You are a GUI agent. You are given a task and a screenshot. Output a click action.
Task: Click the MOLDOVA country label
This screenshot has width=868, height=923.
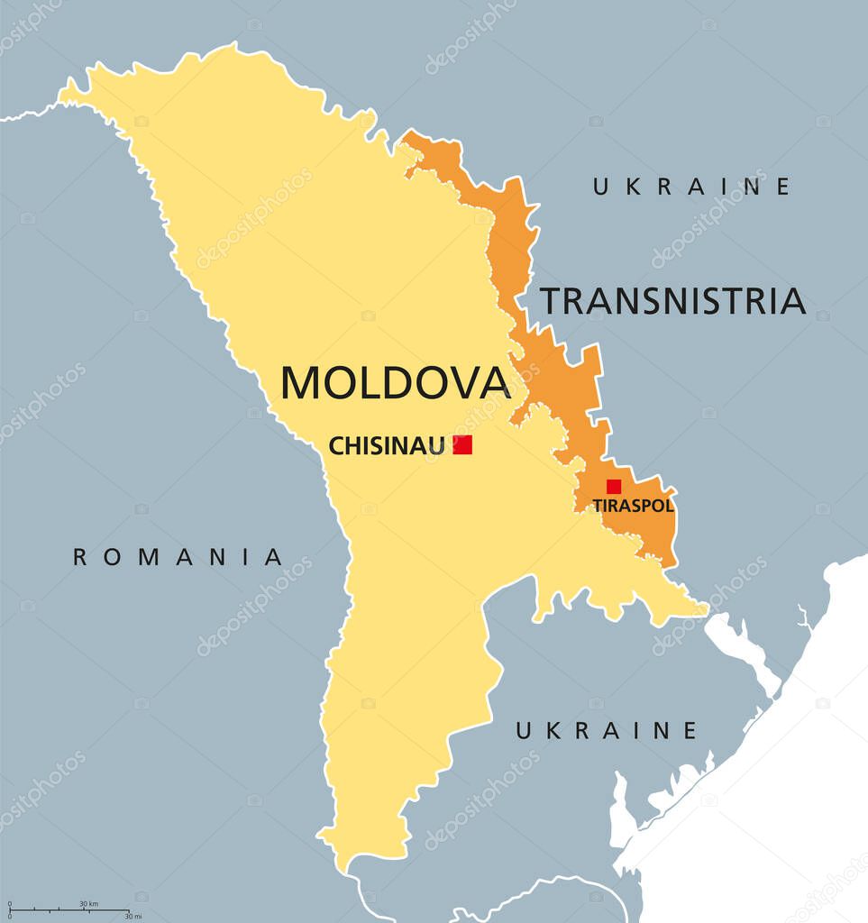(x=396, y=382)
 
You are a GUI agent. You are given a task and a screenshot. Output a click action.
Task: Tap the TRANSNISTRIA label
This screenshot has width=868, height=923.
(x=672, y=301)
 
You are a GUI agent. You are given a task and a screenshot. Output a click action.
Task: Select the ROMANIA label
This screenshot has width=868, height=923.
(x=178, y=557)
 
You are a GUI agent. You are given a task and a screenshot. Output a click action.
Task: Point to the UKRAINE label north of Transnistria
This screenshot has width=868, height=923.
(x=691, y=187)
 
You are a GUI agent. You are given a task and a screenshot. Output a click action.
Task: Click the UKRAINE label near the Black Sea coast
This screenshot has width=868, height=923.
(x=606, y=730)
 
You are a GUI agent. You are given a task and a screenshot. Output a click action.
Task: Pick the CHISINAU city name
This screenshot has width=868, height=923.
(x=386, y=445)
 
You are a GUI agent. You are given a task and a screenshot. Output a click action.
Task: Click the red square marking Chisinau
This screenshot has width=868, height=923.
(x=462, y=444)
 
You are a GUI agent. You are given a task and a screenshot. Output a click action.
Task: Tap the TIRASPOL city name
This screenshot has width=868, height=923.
(x=633, y=506)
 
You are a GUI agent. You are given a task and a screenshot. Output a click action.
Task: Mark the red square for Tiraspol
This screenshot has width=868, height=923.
(x=614, y=487)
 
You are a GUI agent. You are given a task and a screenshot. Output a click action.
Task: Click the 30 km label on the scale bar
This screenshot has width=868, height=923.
(x=88, y=903)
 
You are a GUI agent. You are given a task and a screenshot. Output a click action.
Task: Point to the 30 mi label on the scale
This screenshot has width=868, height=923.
(x=132, y=917)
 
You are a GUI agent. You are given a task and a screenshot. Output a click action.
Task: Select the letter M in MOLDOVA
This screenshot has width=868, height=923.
(x=302, y=382)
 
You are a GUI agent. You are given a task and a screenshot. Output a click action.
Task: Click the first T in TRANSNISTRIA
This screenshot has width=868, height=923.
(x=550, y=301)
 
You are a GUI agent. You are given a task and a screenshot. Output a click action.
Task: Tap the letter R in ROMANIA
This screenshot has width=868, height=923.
(x=80, y=557)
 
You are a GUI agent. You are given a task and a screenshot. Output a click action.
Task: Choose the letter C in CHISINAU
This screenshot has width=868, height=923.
(x=335, y=445)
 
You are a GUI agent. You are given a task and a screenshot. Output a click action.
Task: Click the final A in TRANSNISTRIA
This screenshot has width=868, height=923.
(x=791, y=301)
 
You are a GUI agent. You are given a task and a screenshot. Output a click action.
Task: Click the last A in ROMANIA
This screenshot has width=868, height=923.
(x=274, y=557)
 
